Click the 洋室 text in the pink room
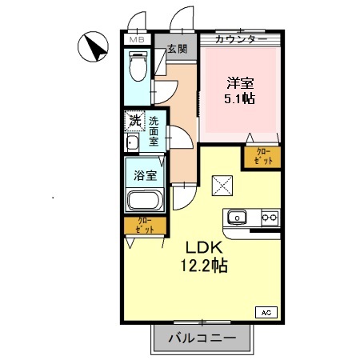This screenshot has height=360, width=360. (240, 82)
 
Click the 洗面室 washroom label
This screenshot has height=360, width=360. (154, 131)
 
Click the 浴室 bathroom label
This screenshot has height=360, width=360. (145, 174)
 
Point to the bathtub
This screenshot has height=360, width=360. (145, 201)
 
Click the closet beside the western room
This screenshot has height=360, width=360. (262, 157)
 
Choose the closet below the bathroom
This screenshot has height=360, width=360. (144, 226)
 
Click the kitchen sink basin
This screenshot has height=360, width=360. (238, 217)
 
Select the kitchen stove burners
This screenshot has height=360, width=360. (269, 217)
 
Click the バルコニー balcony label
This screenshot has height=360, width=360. (202, 338)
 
